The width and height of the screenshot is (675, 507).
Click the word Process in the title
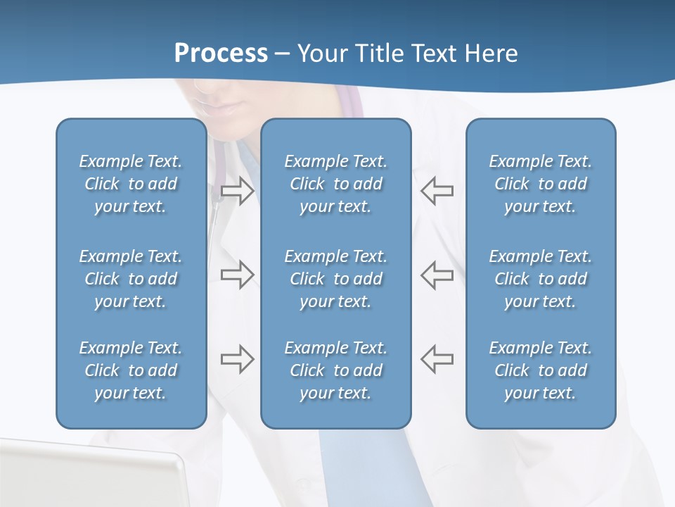coord(221,54)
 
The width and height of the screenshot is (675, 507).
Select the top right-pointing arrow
coord(237,191)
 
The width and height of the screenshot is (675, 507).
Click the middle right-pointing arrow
coord(237,275)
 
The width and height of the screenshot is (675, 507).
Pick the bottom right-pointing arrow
coord(237,359)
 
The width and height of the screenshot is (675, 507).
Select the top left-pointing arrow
coord(437,190)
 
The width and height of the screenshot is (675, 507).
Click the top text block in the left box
coord(131,184)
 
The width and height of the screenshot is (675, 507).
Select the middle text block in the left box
coord(131,279)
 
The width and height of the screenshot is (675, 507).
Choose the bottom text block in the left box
coord(131,370)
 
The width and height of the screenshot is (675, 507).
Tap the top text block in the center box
coord(336,184)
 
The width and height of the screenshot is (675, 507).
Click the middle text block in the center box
coord(336,279)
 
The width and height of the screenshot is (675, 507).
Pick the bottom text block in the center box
coord(336,370)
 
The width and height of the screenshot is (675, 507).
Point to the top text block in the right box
coord(541,184)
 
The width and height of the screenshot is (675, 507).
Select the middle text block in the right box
coord(541,279)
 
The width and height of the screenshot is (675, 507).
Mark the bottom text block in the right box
coord(541,370)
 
